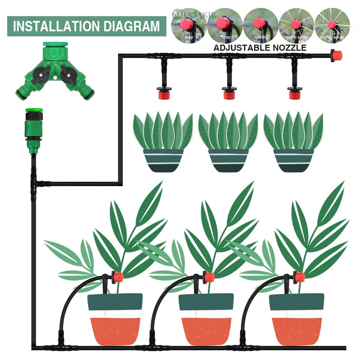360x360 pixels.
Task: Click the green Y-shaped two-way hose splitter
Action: pyautogui.click(x=55, y=72)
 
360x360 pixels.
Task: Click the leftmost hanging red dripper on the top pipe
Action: pyautogui.click(x=164, y=93)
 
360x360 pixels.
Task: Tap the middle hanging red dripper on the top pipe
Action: pyautogui.click(x=229, y=93)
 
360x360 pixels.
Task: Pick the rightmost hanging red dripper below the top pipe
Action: pyautogui.click(x=294, y=93)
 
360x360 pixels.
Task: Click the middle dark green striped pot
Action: pyautogui.click(x=229, y=160)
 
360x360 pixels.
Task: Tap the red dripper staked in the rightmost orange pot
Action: pyautogui.click(x=299, y=277)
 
